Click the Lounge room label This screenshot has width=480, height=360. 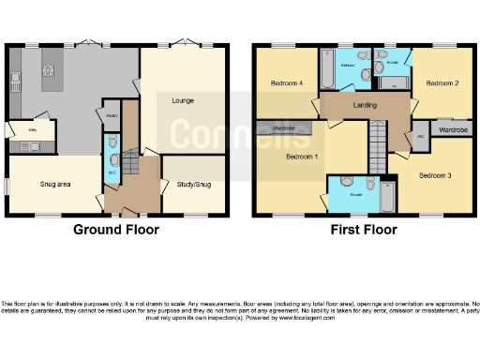[x=182, y=98]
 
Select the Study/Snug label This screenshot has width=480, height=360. [x=193, y=185]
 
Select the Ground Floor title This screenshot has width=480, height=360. [x=116, y=229]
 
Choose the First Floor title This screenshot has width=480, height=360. [x=365, y=229]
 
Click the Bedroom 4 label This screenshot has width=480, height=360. [x=287, y=83]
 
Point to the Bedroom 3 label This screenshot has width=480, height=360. [x=436, y=175]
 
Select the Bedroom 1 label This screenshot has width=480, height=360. [x=302, y=156]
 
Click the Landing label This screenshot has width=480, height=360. [x=365, y=105]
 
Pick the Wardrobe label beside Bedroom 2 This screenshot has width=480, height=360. [x=454, y=129]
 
